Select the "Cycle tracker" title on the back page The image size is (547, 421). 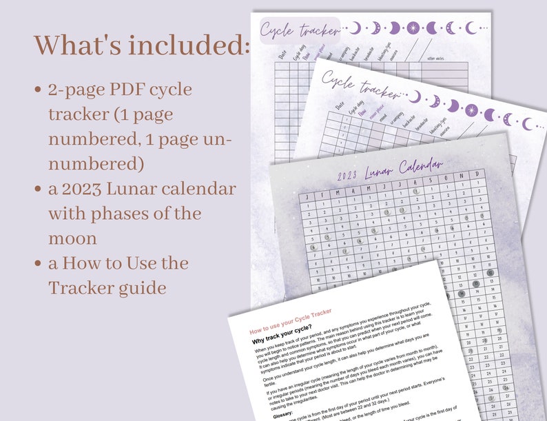[300, 30]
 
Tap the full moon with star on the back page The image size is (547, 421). [413, 28]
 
